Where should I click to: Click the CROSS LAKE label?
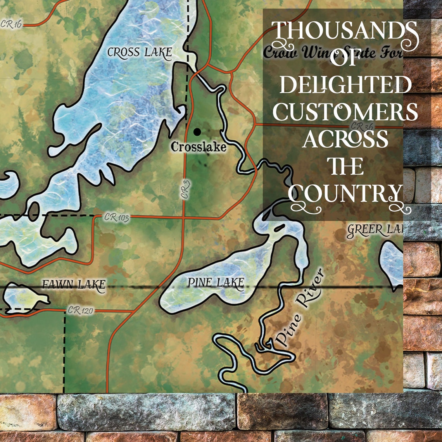(139, 53)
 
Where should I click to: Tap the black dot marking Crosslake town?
(197, 132)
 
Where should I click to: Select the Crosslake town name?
(198, 147)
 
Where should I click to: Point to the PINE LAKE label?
(216, 283)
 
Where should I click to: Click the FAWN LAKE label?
(73, 285)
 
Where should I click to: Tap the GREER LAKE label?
(375, 230)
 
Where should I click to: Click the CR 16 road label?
(11, 24)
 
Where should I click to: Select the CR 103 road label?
(116, 218)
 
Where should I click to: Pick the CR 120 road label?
(80, 311)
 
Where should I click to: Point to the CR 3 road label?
(186, 190)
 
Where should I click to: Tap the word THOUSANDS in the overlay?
(344, 33)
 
